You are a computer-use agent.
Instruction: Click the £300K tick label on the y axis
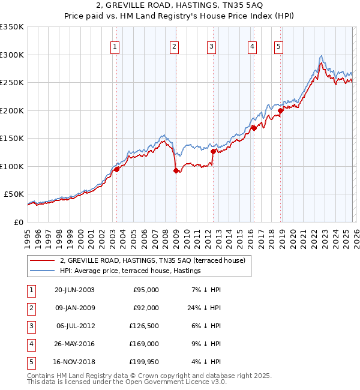coord(12,55)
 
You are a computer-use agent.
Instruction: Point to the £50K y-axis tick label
coord(14,194)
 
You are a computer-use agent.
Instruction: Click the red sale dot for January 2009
coord(176,171)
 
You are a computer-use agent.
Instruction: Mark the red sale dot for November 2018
coord(280,110)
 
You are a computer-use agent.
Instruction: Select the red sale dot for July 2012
coord(213,152)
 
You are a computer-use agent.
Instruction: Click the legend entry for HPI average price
coord(130,271)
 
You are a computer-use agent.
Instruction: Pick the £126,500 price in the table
coord(146,326)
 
